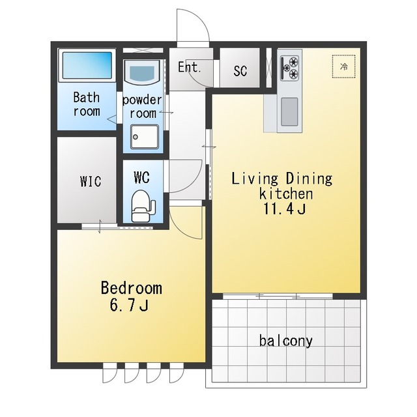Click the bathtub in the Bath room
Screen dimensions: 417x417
(x=87, y=65)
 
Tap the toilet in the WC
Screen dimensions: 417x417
(x=143, y=206)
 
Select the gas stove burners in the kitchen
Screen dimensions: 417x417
(x=290, y=68)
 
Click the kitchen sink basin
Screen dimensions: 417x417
(x=289, y=111)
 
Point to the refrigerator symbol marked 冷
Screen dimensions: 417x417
(x=344, y=66)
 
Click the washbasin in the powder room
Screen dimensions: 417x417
(x=143, y=72)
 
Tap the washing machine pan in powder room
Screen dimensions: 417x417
(x=145, y=137)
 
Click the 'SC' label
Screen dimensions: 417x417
(x=240, y=70)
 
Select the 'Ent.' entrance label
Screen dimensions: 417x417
(x=189, y=67)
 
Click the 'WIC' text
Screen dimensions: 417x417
(x=91, y=181)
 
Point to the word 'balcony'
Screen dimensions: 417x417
(x=286, y=341)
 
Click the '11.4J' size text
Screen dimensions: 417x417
(x=285, y=208)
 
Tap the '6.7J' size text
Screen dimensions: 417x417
(x=129, y=305)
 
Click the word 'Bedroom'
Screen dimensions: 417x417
(x=132, y=288)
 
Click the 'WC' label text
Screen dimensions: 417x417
(x=142, y=177)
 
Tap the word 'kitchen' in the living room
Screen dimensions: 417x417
(x=286, y=194)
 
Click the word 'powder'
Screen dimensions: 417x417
(x=142, y=100)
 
